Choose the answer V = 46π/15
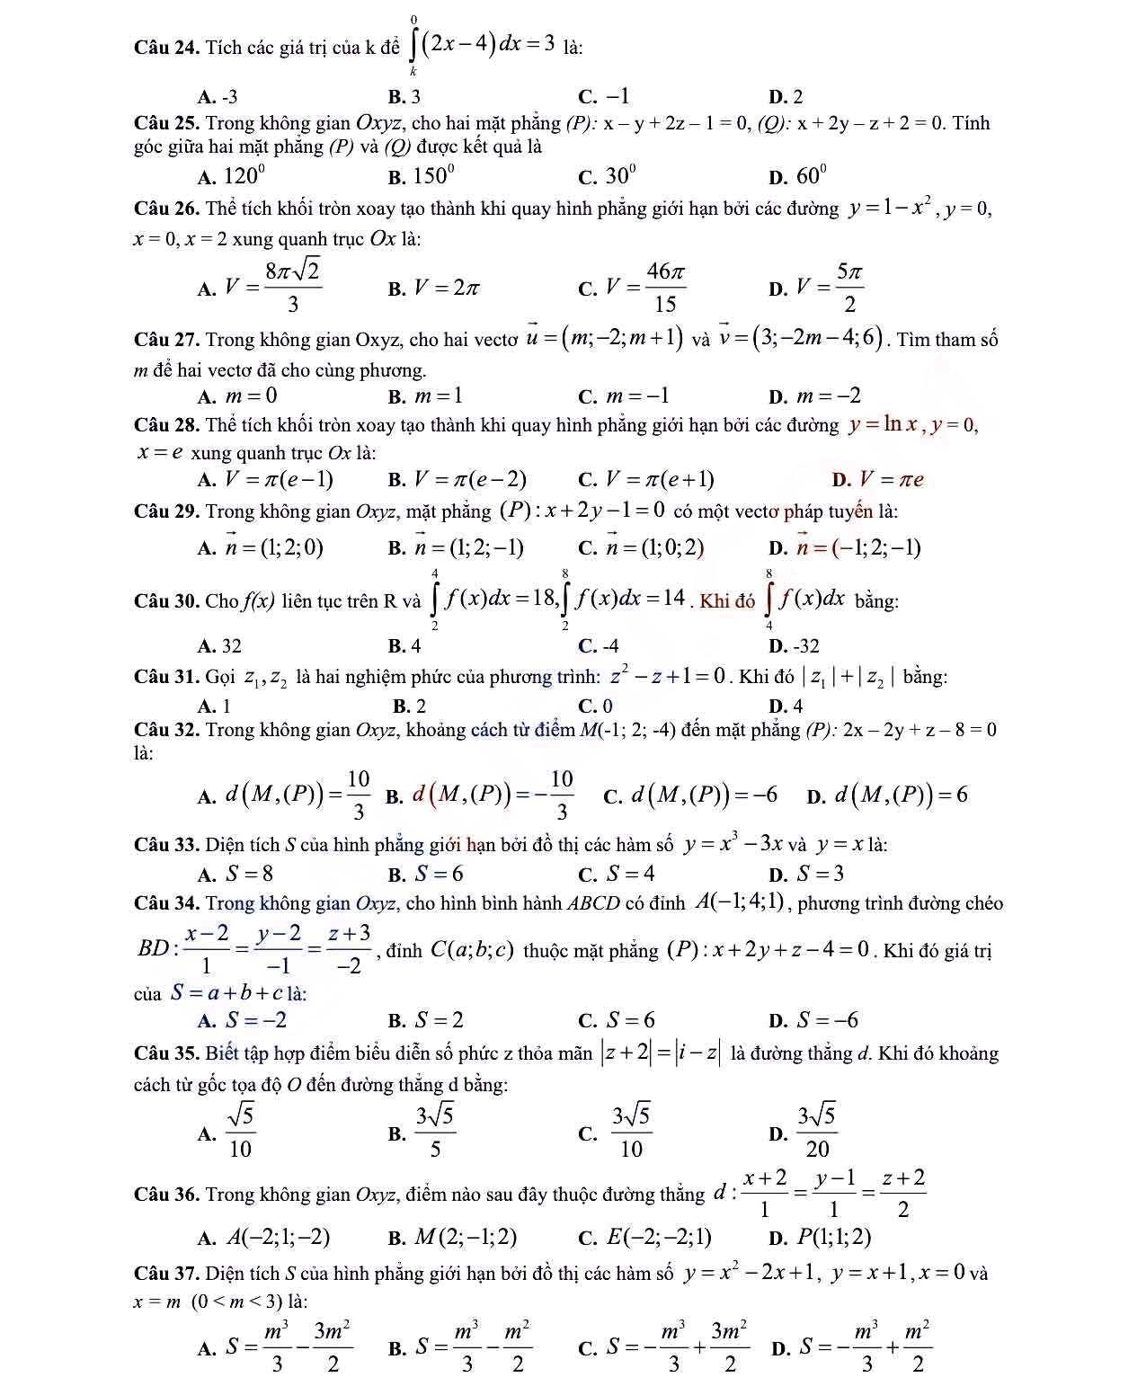pos(645,288)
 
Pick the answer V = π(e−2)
pos(470,480)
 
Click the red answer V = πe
pos(890,480)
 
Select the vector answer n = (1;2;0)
pos(273,547)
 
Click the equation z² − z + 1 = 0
pos(667,677)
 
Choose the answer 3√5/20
pos(818,1133)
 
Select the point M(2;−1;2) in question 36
pos(465,1238)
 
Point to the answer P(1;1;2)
pos(834,1238)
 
